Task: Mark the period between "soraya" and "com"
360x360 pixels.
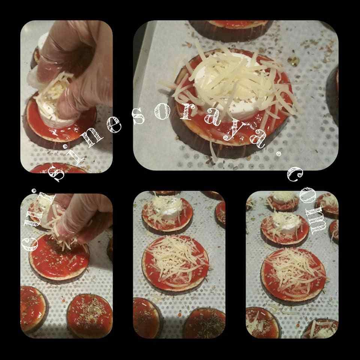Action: click(279, 154)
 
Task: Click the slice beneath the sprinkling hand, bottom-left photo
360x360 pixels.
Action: click(59, 259)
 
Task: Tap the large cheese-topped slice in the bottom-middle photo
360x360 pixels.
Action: click(175, 264)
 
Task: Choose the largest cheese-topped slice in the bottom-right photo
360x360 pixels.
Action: click(294, 276)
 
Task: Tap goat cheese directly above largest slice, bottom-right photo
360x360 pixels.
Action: click(286, 223)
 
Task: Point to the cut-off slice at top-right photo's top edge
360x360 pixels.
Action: click(231, 31)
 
